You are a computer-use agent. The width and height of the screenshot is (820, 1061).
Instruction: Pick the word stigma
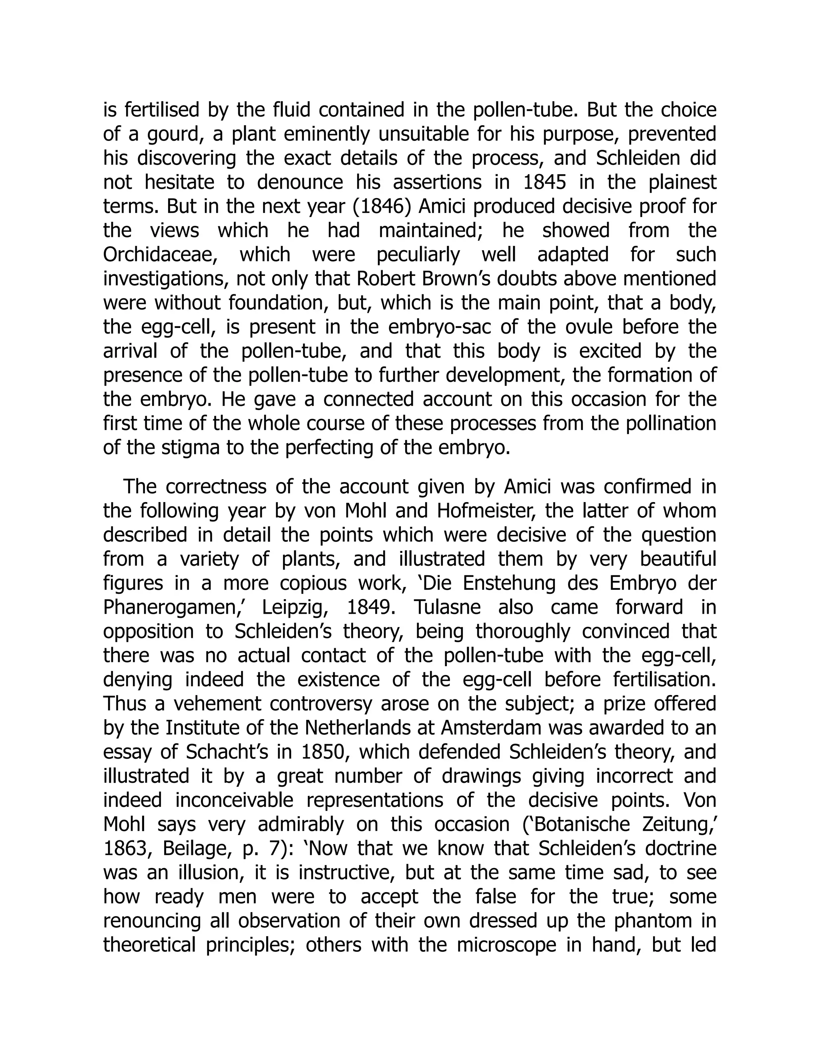pyautogui.click(x=191, y=448)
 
